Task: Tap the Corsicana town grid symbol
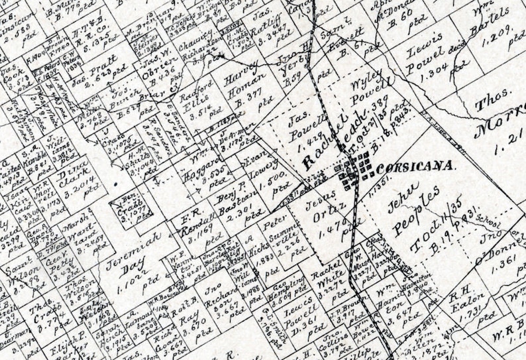pos(356,167)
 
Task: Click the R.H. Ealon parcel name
pos(466,296)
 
